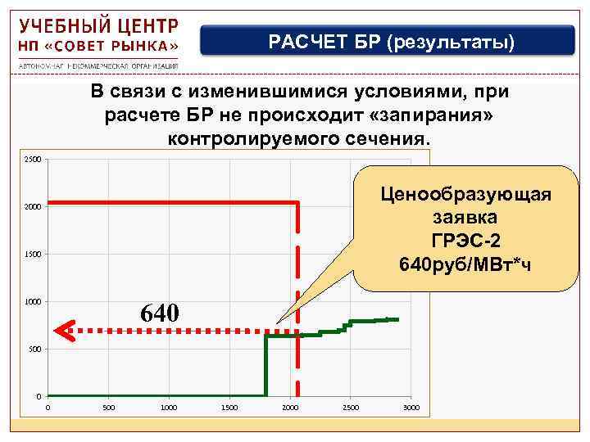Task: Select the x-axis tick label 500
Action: pyautogui.click(x=108, y=408)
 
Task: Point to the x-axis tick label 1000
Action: pyautogui.click(x=169, y=408)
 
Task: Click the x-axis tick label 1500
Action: pyautogui.click(x=229, y=408)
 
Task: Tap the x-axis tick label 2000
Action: pyautogui.click(x=290, y=408)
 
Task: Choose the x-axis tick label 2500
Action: pyautogui.click(x=351, y=408)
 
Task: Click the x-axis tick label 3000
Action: pyautogui.click(x=411, y=408)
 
